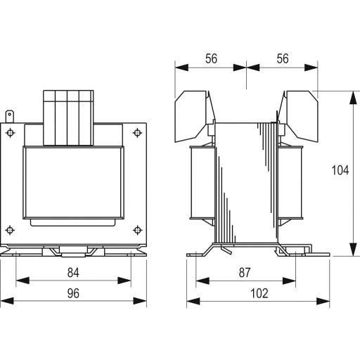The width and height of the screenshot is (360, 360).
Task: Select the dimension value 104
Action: pyautogui.click(x=339, y=170)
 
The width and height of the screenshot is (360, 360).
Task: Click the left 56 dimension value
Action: pyautogui.click(x=211, y=60)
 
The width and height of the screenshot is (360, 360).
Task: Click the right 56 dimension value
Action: pyautogui.click(x=283, y=60)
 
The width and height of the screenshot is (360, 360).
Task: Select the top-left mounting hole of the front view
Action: pyautogui.click(x=9, y=132)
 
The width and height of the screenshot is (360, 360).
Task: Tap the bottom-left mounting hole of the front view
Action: pyautogui.click(x=9, y=229)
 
